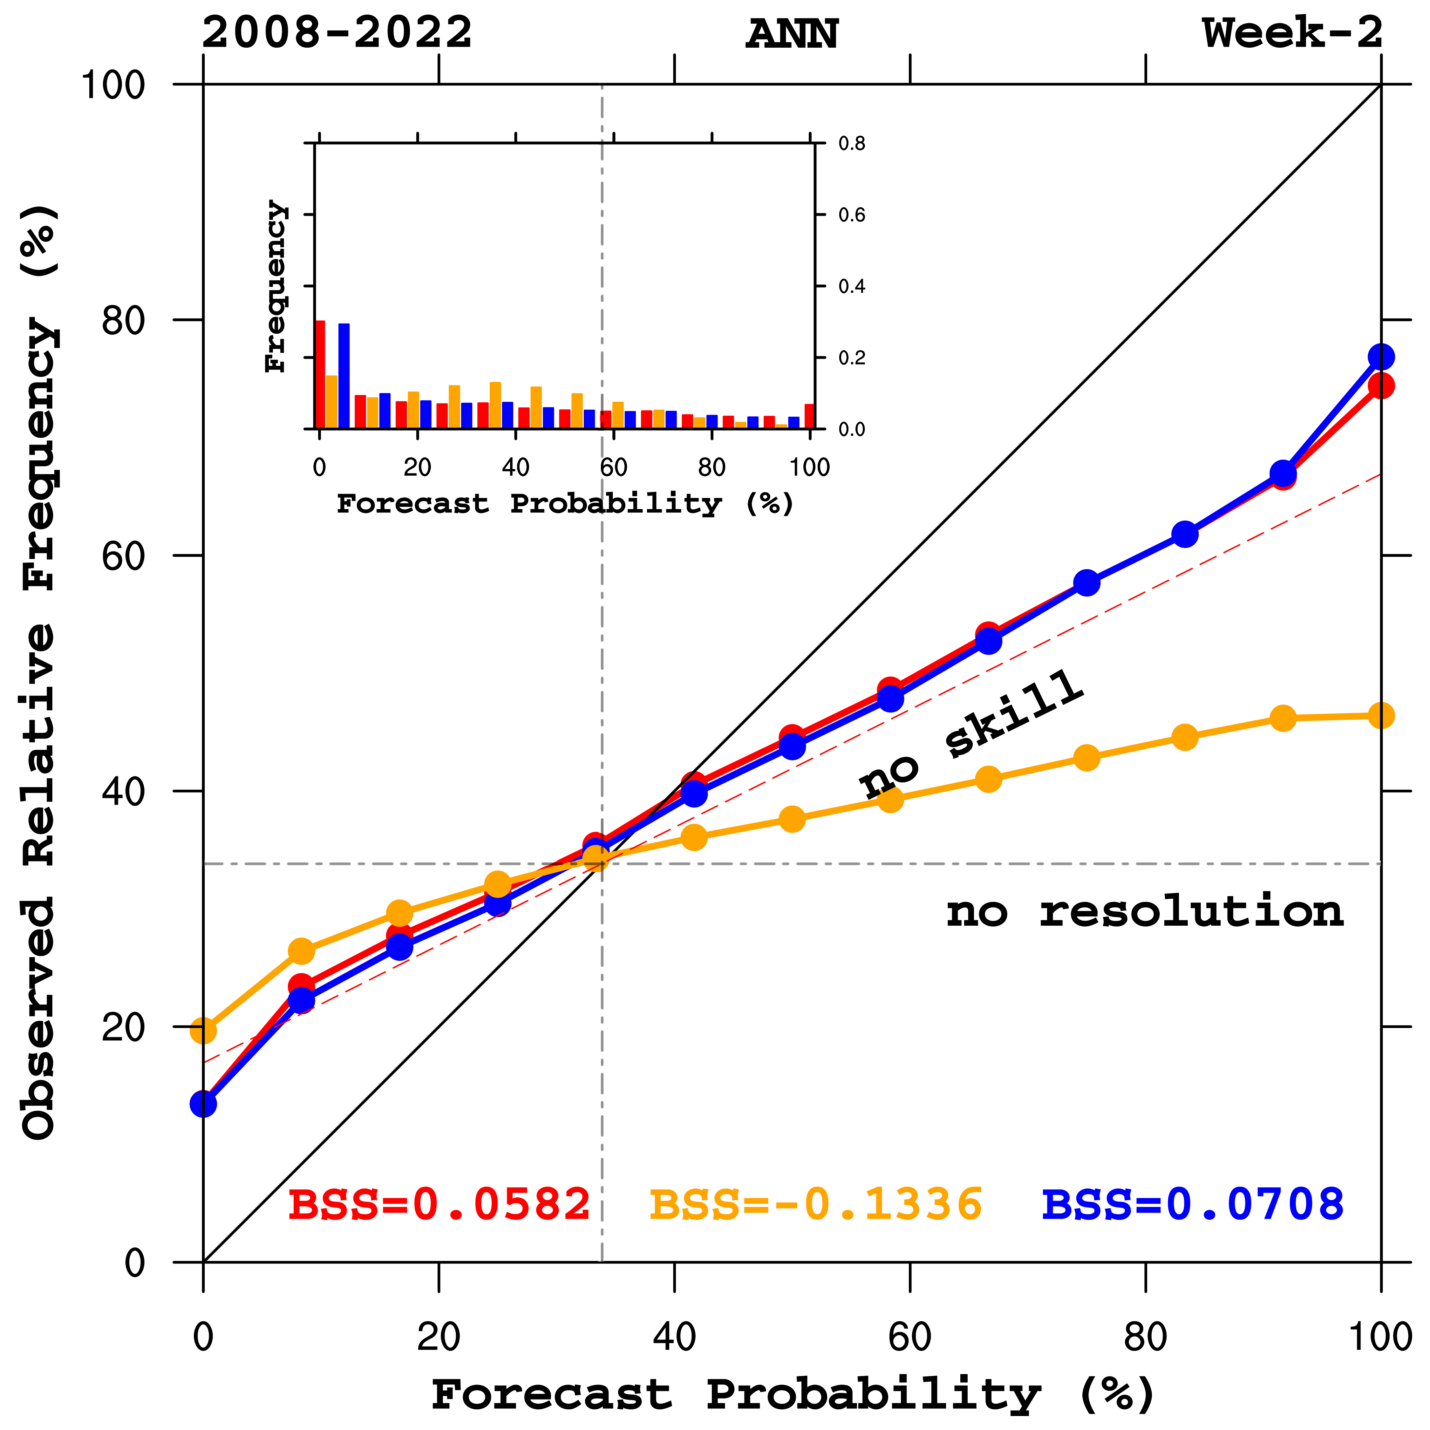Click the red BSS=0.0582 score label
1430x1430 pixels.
click(x=439, y=1204)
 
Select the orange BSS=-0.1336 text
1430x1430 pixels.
click(x=816, y=1204)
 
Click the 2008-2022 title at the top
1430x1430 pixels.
click(x=337, y=33)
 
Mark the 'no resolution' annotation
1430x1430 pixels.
click(x=1144, y=912)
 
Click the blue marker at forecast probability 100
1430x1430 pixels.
click(x=1380, y=357)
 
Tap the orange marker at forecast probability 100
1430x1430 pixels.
click(x=1380, y=716)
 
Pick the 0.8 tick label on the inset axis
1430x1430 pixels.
click(x=851, y=144)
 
